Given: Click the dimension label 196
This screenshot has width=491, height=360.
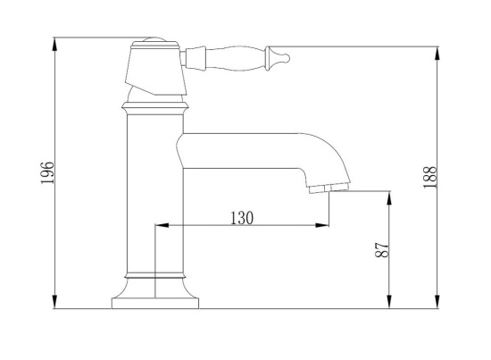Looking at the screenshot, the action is [47, 172].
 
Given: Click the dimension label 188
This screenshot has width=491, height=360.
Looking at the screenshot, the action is [429, 177].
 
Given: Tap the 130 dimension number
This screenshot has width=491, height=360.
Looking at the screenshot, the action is [242, 218].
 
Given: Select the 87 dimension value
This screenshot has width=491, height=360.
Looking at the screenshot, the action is [382, 249].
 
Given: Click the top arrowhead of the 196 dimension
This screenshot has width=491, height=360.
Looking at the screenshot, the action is [55, 44].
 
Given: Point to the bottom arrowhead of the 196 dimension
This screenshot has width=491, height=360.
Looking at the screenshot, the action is [55, 302].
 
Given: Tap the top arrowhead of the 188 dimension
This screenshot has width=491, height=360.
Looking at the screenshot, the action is [437, 53].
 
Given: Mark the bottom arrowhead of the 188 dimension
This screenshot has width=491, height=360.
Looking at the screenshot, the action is [437, 302].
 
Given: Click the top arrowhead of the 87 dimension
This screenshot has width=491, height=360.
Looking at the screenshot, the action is [389, 197].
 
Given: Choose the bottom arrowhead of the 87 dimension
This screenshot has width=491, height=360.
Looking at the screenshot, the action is [389, 302].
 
